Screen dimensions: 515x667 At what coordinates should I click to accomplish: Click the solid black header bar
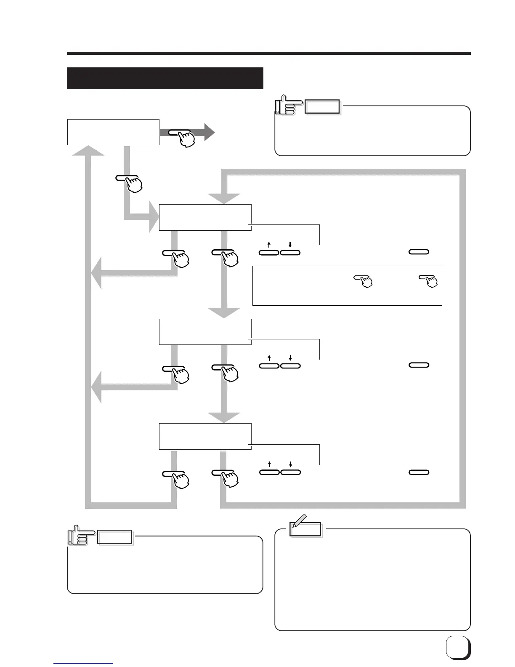165,78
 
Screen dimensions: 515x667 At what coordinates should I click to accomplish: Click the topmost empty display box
113,132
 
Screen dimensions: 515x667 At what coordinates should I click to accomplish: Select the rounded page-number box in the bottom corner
457,647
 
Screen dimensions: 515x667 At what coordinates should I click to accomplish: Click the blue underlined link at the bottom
83,663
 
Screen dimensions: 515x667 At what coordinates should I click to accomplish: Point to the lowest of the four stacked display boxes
205,437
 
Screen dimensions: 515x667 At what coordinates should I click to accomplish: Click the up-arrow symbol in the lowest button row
269,464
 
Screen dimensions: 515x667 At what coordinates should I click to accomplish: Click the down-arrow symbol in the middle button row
290,358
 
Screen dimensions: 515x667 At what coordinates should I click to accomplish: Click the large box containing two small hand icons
347,285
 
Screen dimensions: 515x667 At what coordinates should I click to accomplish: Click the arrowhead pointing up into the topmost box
88,150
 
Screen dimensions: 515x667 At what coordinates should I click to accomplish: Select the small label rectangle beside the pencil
306,529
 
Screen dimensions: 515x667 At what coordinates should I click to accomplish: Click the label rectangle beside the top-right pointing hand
322,107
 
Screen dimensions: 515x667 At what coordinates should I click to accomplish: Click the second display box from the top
205,217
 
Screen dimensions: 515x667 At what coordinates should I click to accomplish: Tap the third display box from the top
205,332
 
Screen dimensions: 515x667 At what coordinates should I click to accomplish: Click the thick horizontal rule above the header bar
268,53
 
